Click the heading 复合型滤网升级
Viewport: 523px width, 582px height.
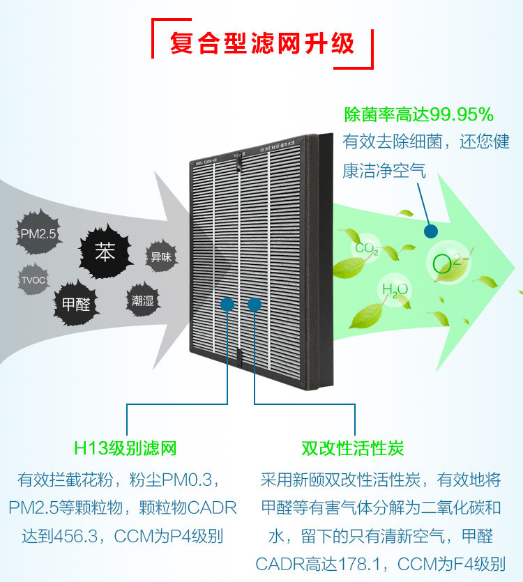[262, 43]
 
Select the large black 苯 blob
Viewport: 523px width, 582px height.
[105, 252]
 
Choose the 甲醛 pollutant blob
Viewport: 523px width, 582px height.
[76, 304]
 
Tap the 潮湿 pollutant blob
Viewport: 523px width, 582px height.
[142, 301]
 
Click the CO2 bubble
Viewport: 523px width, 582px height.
[366, 249]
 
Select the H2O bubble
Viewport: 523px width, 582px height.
[395, 289]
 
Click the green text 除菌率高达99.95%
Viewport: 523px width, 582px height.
[418, 114]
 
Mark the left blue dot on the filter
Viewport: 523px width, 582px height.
[227, 304]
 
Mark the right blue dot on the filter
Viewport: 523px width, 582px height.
[255, 304]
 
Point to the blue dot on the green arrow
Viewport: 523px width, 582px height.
[432, 230]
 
